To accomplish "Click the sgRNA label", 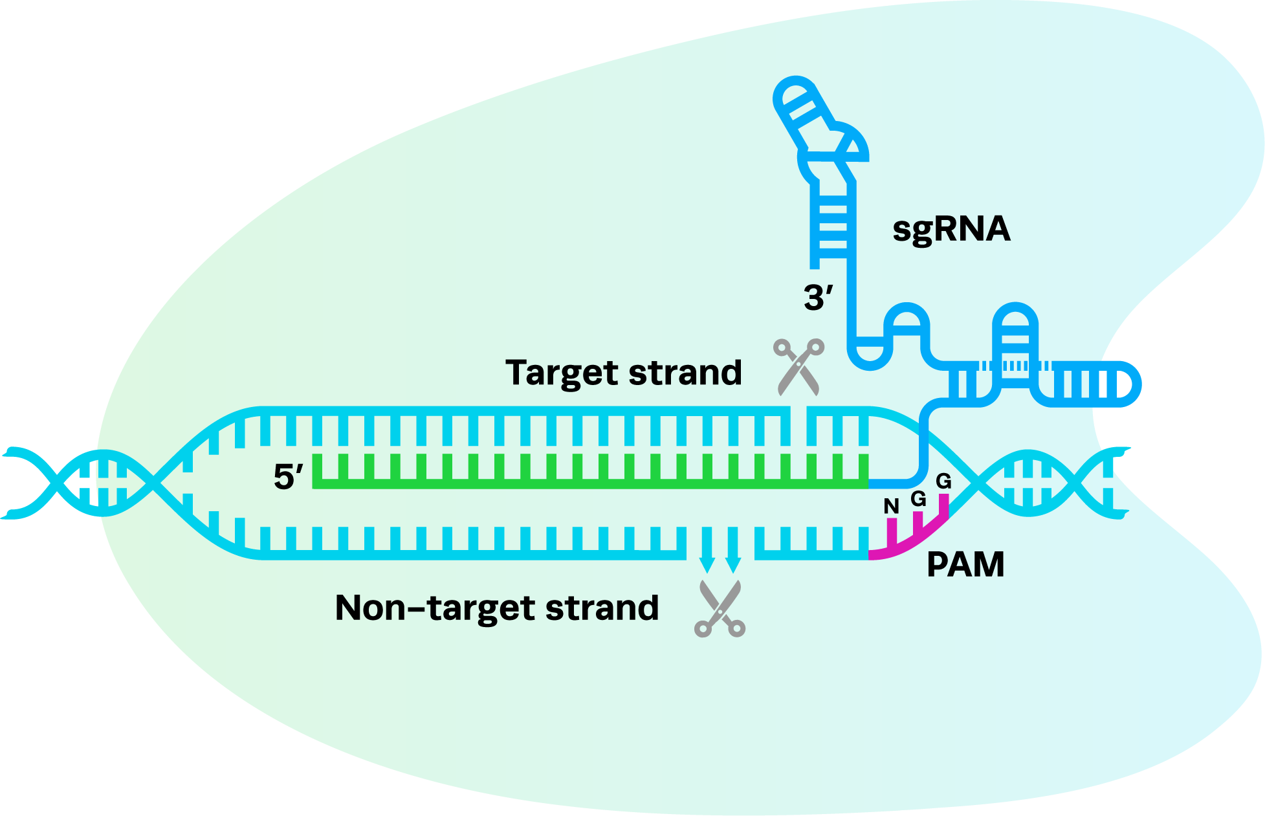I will click(951, 229).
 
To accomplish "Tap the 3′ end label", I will click(818, 298).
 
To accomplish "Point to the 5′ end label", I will click(288, 477).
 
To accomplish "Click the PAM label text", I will click(965, 565).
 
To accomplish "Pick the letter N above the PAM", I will click(891, 507).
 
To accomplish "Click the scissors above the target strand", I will click(798, 366).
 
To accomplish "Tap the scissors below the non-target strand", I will click(720, 608).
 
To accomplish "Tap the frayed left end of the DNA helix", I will click(19, 482).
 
